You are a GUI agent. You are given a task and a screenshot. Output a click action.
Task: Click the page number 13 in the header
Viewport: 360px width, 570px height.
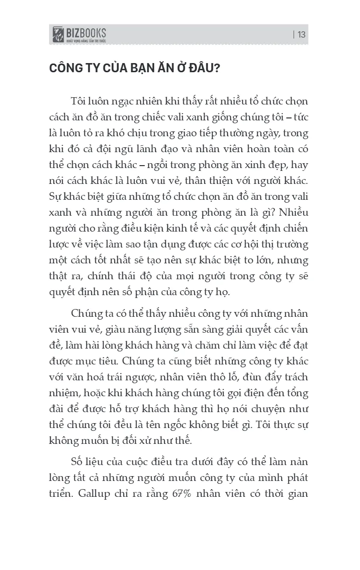tap(301, 35)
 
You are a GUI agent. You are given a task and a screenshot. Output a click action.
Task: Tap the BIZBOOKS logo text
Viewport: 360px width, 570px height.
tap(87, 32)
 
